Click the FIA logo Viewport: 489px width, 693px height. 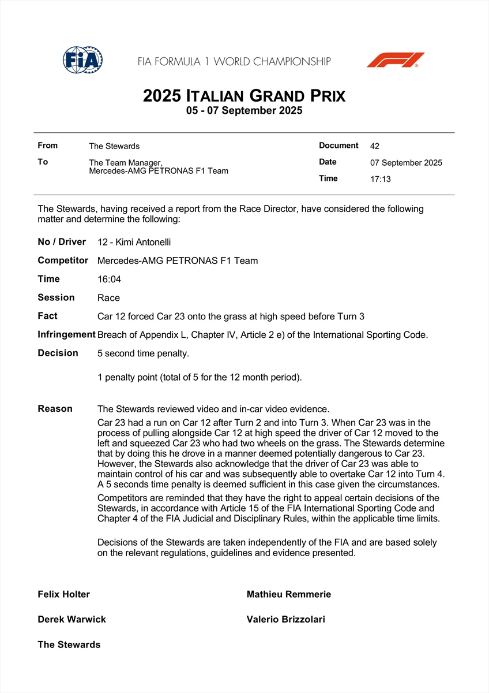click(x=82, y=59)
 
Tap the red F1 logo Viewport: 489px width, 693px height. click(x=396, y=60)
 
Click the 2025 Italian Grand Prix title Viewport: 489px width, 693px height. click(x=244, y=95)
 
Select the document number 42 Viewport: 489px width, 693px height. click(x=375, y=146)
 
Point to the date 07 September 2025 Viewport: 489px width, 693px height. click(x=406, y=163)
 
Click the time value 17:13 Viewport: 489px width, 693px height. click(x=381, y=179)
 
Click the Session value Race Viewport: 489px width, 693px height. click(x=109, y=298)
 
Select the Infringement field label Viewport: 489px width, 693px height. click(x=66, y=334)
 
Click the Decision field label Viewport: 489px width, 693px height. click(x=58, y=353)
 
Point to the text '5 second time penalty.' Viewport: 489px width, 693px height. click(x=144, y=353)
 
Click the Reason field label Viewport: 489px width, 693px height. click(x=55, y=409)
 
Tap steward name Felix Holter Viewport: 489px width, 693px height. click(x=64, y=594)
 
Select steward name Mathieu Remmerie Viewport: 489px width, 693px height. click(x=289, y=594)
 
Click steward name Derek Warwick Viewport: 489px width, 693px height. click(x=72, y=620)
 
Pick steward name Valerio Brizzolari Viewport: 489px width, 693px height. click(x=286, y=620)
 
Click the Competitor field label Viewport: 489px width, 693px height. click(x=63, y=260)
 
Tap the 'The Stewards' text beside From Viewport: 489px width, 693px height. click(x=114, y=146)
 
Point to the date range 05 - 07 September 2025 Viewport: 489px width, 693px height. click(x=244, y=111)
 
